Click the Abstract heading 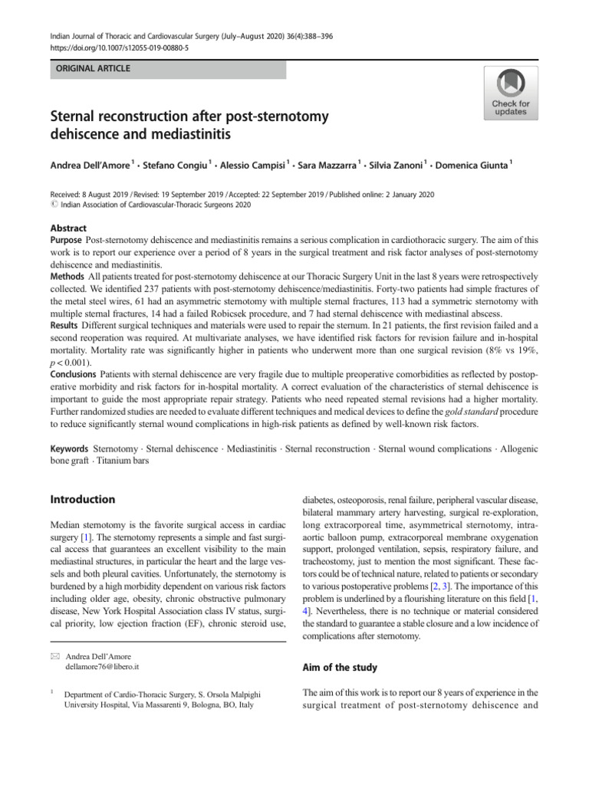click(68, 228)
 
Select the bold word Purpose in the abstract click(67, 240)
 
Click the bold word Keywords click(69, 448)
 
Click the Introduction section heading click(83, 499)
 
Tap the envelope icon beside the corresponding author click(54, 656)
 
